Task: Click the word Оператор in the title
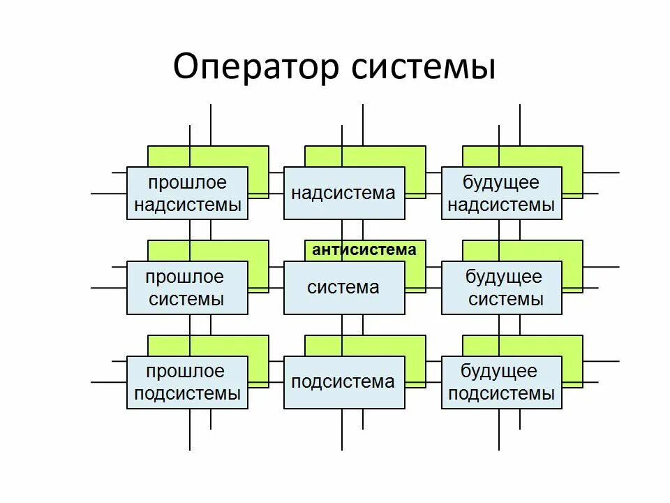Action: (256, 68)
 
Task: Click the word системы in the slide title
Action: (424, 68)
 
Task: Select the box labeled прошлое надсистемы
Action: (187, 194)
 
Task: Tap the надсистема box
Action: (343, 194)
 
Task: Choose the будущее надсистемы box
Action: (501, 194)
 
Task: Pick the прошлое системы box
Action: (187, 288)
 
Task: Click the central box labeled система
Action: (343, 288)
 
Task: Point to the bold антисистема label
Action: (364, 250)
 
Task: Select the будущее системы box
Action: (501, 288)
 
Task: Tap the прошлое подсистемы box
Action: (187, 382)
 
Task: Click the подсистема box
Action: (343, 382)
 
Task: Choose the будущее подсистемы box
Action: (501, 382)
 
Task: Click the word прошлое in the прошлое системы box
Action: (185, 277)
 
